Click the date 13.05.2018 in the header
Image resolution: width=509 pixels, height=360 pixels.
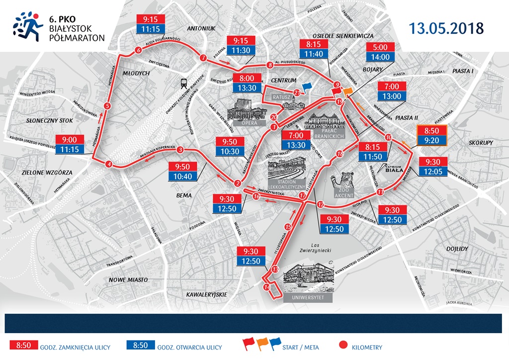tap(446, 28)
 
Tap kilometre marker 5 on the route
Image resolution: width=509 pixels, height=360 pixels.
tap(107, 106)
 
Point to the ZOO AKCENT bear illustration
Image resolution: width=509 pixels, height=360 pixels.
tap(344, 184)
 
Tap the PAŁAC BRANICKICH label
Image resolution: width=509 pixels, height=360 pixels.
tap(327, 134)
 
